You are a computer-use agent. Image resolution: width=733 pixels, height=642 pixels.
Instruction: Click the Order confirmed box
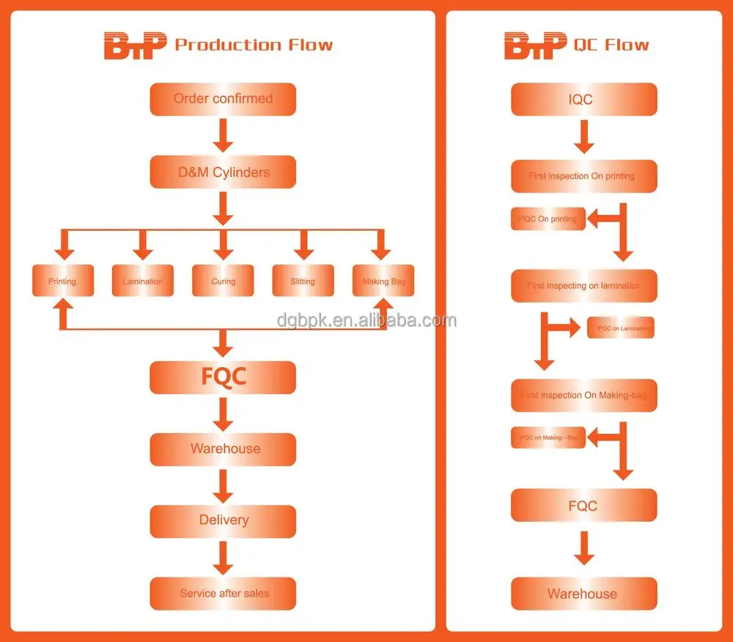(223, 99)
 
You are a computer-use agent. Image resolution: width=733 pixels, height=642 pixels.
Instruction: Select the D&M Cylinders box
(223, 173)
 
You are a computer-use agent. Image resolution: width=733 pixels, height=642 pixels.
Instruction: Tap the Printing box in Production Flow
(63, 281)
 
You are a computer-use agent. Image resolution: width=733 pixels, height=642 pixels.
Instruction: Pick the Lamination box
(143, 281)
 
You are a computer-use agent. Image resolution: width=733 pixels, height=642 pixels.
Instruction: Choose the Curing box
(223, 281)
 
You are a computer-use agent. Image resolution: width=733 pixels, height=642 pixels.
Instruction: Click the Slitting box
(303, 281)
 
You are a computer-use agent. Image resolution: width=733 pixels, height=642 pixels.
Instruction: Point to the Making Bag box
(383, 281)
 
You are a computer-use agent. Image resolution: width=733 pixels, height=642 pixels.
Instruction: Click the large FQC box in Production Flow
(223, 377)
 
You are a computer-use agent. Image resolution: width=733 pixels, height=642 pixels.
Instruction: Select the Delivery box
(223, 520)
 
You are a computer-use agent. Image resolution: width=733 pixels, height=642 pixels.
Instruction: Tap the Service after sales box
(223, 593)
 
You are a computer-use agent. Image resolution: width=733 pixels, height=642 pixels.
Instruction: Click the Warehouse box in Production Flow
(223, 449)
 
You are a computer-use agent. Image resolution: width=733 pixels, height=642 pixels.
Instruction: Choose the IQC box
(583, 99)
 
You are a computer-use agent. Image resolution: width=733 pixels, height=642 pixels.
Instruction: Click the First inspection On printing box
(583, 177)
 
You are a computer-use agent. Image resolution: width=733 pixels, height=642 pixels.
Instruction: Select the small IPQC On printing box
(548, 218)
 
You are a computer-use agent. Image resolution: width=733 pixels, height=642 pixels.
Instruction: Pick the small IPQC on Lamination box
(621, 328)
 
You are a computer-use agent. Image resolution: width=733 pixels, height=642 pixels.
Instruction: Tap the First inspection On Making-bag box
(583, 396)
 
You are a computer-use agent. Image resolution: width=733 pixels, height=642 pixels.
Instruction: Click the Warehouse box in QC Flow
(583, 594)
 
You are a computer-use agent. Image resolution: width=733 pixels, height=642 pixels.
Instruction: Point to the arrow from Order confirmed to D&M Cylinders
(224, 136)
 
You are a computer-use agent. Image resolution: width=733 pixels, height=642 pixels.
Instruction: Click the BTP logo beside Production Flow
(136, 45)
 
